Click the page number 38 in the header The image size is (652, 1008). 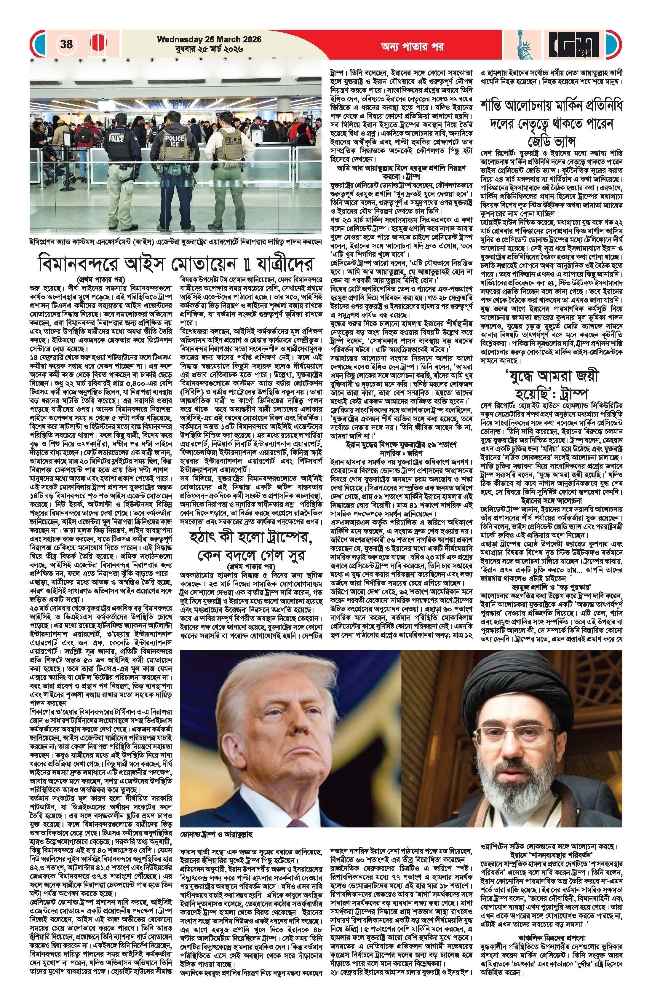click(66, 44)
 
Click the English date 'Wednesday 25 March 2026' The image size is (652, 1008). click(209, 39)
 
